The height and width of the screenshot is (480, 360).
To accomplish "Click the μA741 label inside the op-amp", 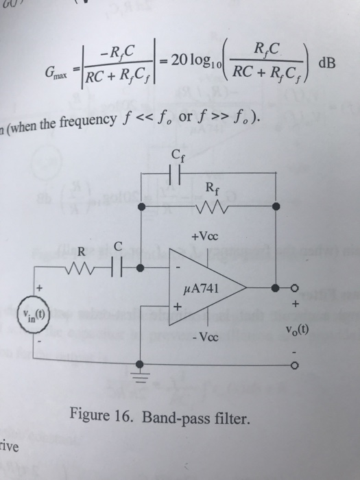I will [x=204, y=288].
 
